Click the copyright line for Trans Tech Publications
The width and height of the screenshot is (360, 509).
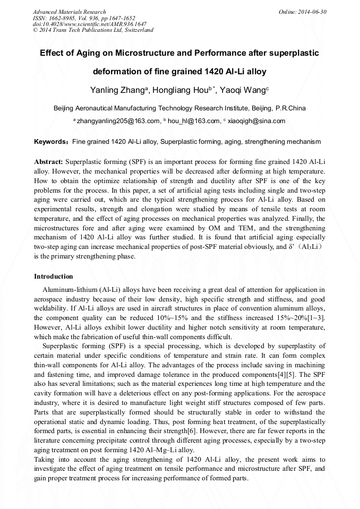pos(93,30)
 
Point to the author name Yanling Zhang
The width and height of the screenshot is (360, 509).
pos(115,90)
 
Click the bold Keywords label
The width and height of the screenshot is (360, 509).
pos(52,142)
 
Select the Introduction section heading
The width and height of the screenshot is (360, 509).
pos(53,277)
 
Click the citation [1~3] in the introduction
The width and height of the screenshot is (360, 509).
pos(315,317)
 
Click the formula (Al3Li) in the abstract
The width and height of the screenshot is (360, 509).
pos(304,247)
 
